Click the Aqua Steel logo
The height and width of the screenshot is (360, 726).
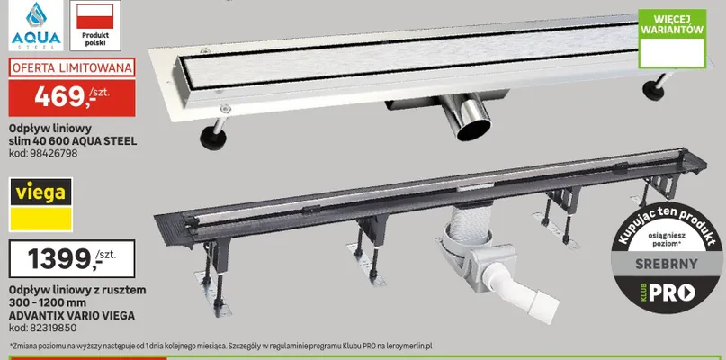point(36,25)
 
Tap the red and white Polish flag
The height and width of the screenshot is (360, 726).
point(95,17)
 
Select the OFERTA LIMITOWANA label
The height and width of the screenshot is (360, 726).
point(72,67)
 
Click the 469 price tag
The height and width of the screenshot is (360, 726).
point(72,98)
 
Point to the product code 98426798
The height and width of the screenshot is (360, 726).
point(43,153)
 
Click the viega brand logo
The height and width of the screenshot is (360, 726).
point(41,204)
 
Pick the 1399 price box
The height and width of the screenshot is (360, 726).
point(72,258)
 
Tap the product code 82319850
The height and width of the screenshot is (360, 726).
point(42,328)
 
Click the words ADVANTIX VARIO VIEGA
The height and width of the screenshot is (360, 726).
point(72,316)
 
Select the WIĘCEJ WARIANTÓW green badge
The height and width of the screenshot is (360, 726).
point(672,39)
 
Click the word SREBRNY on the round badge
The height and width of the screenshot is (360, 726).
point(667,264)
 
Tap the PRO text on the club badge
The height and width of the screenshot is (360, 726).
point(671,292)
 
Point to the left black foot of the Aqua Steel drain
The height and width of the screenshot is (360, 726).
point(213,139)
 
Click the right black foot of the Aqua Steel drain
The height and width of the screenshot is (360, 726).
point(653,90)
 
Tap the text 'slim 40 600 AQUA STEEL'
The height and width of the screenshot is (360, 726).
point(73,141)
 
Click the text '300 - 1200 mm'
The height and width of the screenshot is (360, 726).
point(48,303)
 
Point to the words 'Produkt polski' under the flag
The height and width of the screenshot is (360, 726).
point(95,39)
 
